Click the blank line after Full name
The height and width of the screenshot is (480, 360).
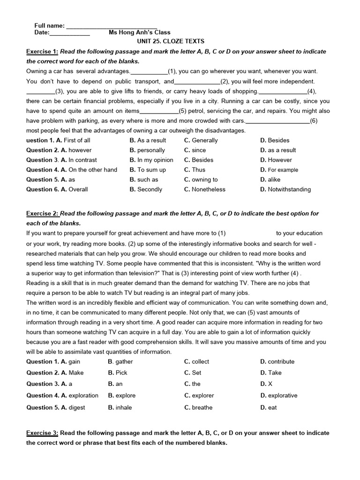112,25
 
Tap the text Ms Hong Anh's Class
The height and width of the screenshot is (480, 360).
140,32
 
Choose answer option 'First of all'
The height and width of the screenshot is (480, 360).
77,140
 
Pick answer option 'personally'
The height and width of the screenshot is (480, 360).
151,150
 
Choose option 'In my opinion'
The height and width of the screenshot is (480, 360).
155,160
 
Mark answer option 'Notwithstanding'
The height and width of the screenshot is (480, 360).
289,189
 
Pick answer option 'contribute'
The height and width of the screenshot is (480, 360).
281,361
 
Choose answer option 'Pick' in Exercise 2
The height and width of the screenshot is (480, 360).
121,373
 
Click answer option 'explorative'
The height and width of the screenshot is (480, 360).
283,395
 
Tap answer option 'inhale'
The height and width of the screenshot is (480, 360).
124,407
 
